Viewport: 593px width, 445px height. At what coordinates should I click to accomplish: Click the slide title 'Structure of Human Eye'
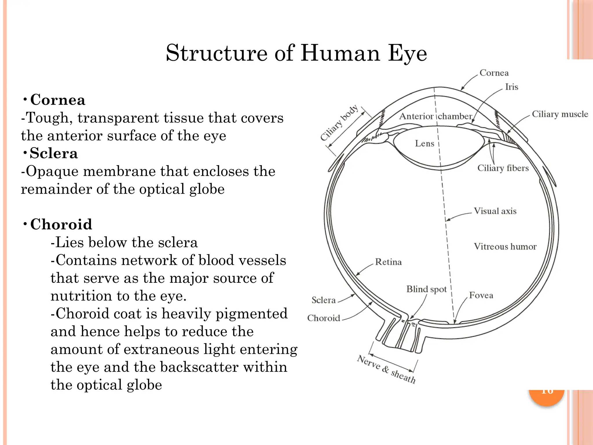pos(296,53)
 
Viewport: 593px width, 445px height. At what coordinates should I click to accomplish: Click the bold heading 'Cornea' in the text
pos(58,100)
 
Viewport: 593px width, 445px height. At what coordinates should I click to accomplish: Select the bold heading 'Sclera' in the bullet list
pos(54,153)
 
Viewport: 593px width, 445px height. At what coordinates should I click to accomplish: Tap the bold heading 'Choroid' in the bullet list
pos(61,224)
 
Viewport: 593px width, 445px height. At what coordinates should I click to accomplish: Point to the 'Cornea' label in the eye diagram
pos(494,73)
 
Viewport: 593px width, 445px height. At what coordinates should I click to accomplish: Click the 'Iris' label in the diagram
pos(512,87)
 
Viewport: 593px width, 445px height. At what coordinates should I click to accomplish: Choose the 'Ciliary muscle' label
pos(560,114)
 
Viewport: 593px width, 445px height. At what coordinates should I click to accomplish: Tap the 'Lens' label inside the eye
pos(424,143)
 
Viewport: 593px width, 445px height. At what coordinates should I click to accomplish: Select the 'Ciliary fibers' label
pos(503,168)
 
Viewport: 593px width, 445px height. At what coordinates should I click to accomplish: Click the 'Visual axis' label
pos(495,211)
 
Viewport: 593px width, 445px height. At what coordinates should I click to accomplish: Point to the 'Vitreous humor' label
pos(505,247)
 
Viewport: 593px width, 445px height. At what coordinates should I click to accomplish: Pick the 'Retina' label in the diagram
pos(388,262)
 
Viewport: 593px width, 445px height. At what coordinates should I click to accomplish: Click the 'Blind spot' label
pos(427,289)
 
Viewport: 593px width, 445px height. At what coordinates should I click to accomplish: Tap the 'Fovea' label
pos(481,295)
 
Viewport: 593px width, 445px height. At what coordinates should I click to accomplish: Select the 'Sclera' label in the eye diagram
pos(323,300)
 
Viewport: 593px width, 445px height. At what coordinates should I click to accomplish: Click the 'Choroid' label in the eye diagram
pos(323,318)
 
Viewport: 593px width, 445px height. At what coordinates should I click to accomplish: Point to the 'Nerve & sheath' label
pos(387,369)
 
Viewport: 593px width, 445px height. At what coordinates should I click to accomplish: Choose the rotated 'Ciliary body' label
pos(339,123)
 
